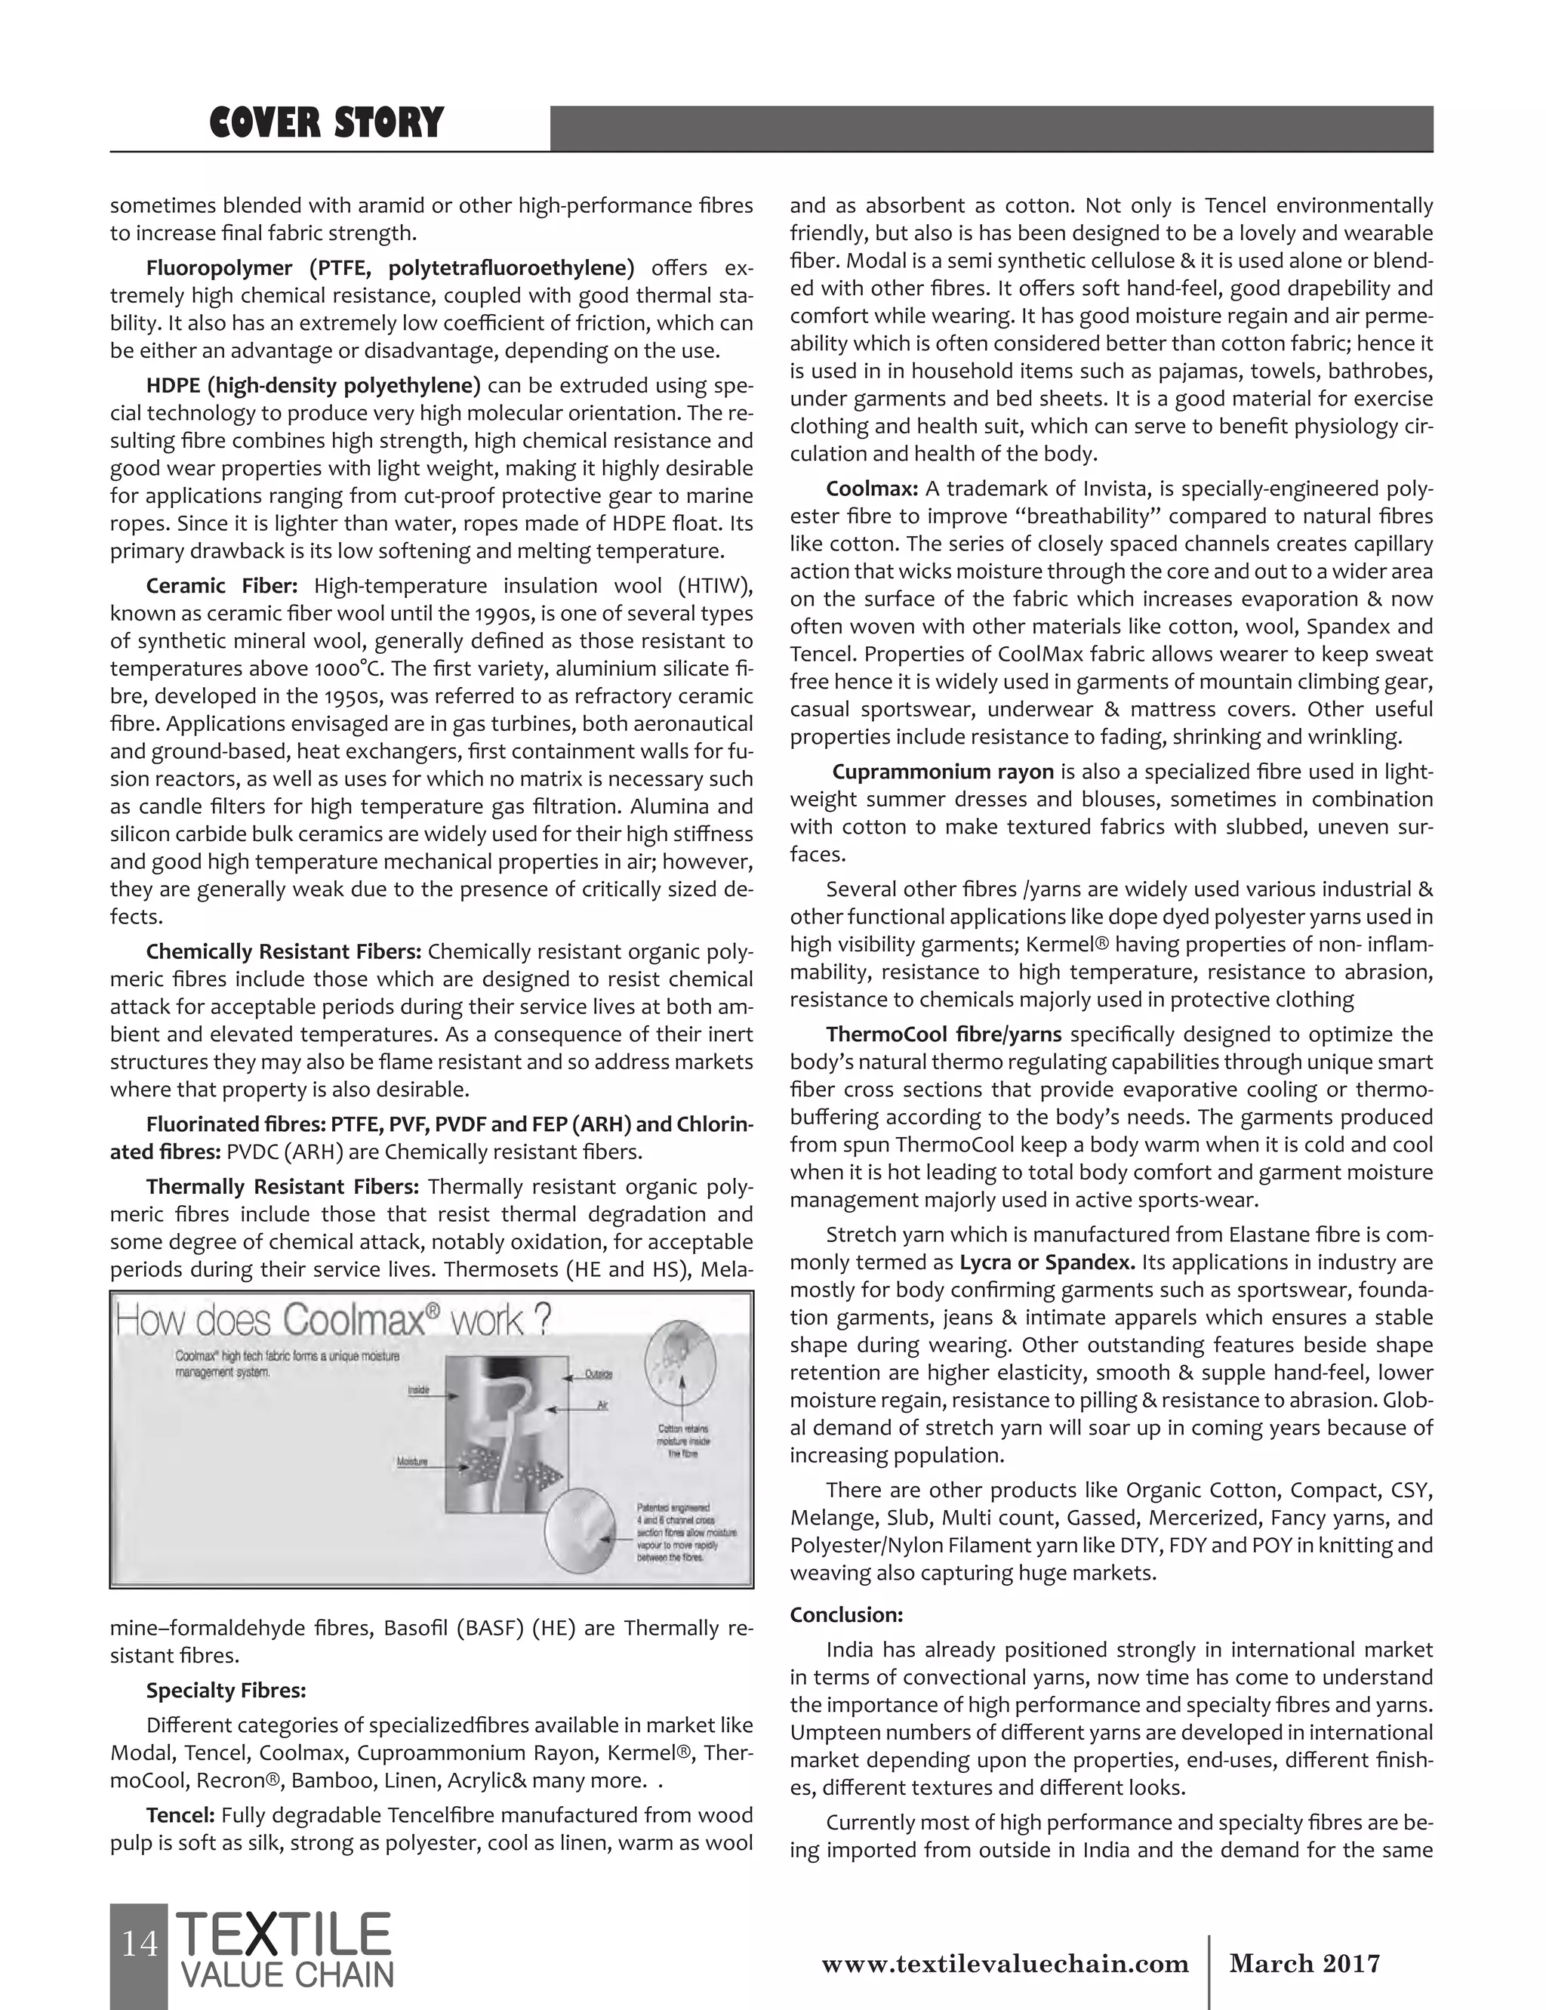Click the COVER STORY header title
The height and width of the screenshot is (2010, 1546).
tap(326, 123)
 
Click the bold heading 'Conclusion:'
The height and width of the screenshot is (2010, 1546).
tap(845, 1614)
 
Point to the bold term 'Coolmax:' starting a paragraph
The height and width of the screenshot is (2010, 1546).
tap(871, 488)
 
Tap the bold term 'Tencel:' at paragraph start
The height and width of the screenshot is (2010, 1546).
tap(180, 1815)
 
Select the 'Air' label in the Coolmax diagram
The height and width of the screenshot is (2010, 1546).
tap(602, 1405)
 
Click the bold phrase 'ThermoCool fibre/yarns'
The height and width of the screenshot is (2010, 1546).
tap(944, 1034)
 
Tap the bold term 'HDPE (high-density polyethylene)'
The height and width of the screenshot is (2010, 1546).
tap(313, 384)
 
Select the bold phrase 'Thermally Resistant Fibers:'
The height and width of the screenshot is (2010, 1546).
tap(282, 1186)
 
